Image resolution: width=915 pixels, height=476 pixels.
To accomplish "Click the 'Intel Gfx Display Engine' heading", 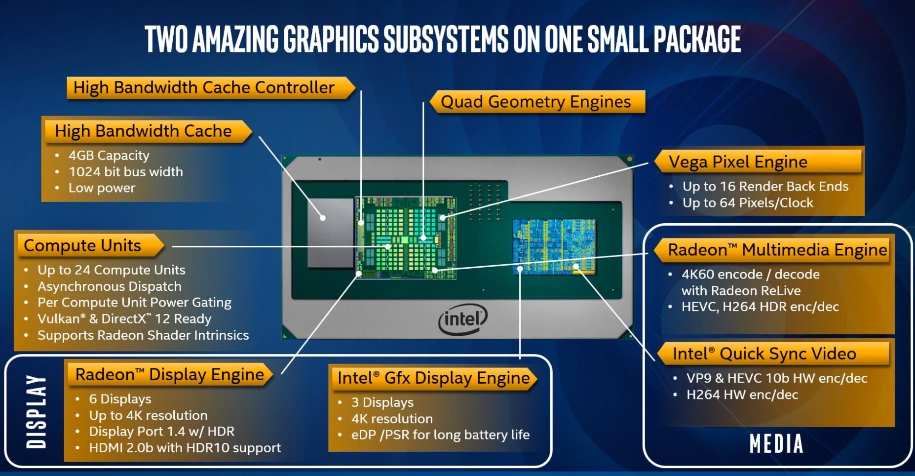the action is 434,378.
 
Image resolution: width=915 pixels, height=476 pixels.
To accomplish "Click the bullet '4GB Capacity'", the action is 109,156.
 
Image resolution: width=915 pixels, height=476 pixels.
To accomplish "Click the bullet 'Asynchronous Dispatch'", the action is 110,286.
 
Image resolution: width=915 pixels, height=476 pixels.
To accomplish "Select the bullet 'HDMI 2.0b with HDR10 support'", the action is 185,448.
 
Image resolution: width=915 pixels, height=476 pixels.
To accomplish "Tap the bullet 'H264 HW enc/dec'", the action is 742,395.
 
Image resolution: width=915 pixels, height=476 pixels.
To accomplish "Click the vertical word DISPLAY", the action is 37,411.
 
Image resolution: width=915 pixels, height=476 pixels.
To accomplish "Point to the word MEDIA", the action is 776,443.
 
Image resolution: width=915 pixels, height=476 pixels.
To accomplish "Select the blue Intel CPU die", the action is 554,246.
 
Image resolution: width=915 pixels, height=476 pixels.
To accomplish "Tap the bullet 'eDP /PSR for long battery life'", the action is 440,435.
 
